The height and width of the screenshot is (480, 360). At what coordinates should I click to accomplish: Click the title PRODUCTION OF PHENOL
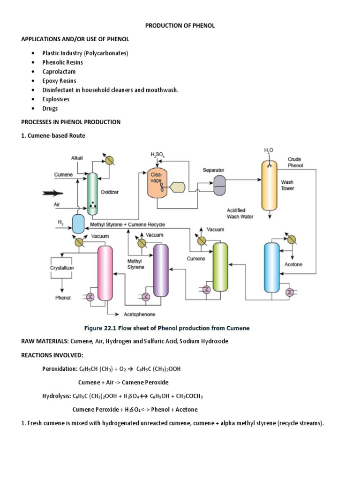(180, 26)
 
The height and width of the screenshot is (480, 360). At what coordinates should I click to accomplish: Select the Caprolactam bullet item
(59, 72)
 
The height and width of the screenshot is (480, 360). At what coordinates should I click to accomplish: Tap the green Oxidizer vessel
(92, 192)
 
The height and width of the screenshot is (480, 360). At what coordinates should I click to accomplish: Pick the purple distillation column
(161, 270)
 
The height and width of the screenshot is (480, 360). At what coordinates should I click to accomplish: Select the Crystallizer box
(62, 268)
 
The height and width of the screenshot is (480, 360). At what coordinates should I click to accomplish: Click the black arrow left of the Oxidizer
(52, 193)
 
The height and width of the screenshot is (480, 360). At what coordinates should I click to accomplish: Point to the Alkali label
(77, 158)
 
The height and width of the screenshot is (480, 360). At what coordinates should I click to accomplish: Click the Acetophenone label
(139, 314)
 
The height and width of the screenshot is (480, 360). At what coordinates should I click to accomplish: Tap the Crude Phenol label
(295, 162)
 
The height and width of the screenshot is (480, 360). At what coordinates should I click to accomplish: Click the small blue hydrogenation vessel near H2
(78, 224)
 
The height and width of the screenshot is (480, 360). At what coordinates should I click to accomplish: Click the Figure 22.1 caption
(166, 328)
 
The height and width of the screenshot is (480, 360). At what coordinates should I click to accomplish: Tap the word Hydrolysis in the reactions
(56, 396)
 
